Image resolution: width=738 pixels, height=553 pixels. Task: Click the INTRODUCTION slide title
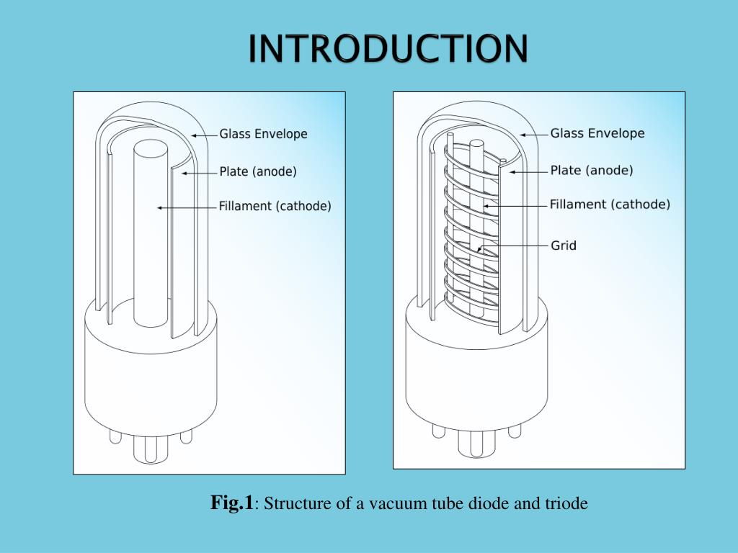tap(388, 48)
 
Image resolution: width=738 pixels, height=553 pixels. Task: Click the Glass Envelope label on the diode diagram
tap(263, 134)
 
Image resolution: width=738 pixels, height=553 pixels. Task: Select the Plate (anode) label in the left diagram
tap(257, 171)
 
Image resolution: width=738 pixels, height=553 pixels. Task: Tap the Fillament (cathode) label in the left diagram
tap(275, 206)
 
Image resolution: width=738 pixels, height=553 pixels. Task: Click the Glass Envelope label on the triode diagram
tap(597, 133)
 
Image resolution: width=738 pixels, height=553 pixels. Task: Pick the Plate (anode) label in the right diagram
tap(591, 171)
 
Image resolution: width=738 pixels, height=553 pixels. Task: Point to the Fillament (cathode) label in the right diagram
tap(610, 204)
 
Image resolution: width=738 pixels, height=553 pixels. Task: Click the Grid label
tap(564, 246)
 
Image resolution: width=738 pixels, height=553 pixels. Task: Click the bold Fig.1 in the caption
tap(231, 503)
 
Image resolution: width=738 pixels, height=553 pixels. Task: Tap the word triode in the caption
tap(569, 503)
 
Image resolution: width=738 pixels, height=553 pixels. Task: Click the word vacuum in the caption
tap(394, 503)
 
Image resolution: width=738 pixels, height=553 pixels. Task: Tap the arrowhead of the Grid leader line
tap(479, 250)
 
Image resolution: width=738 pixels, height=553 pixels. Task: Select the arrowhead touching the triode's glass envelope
tap(523, 135)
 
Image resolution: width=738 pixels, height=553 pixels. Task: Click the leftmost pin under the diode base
tap(115, 436)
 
